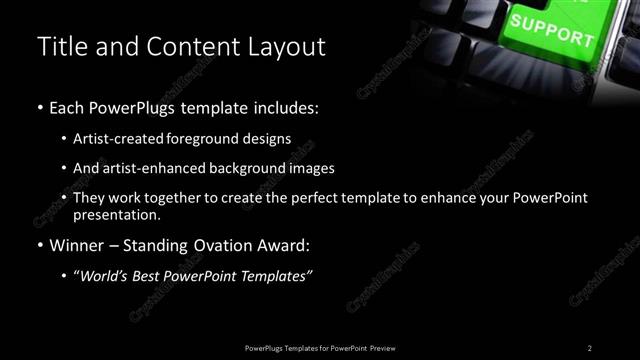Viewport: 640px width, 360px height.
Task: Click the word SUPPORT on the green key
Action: pyautogui.click(x=551, y=29)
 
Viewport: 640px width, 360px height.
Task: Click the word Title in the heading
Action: pyautogui.click(x=58, y=46)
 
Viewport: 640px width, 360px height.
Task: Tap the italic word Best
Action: pyautogui.click(x=161, y=277)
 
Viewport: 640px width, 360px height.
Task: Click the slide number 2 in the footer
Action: pyautogui.click(x=589, y=347)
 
